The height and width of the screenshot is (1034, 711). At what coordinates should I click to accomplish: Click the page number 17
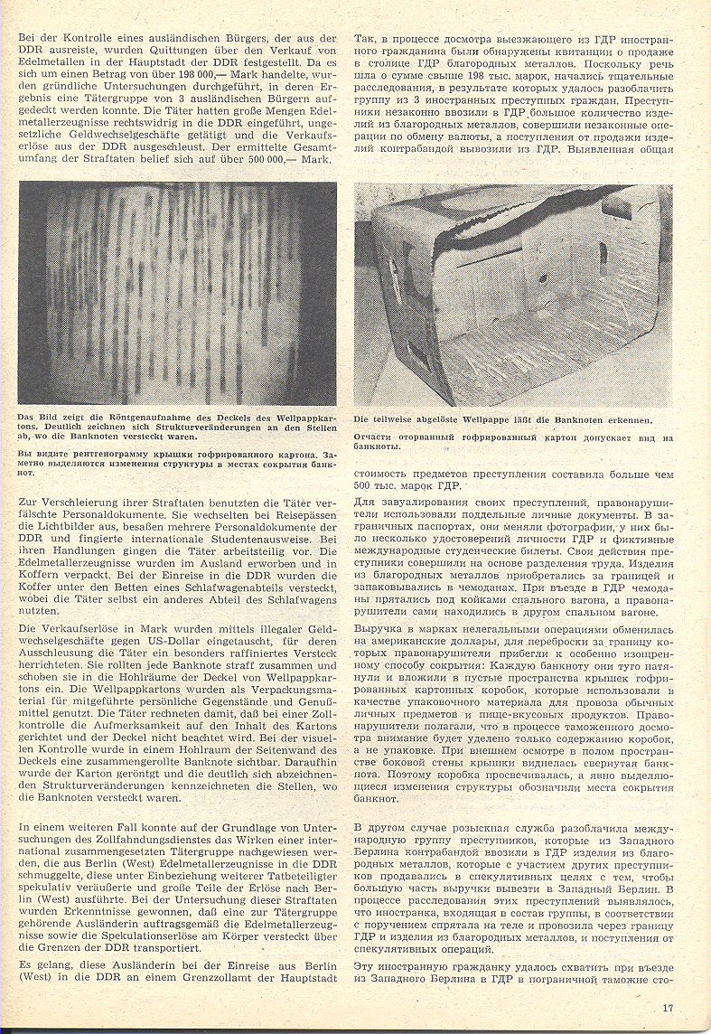pos(668,1009)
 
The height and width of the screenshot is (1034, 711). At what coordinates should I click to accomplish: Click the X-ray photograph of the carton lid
pos(178,293)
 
